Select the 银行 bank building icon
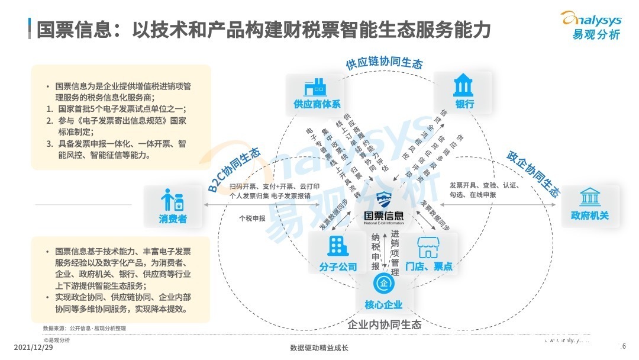coord(463,86)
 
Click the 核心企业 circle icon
coord(383,284)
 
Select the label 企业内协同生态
coord(384,325)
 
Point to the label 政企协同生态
coord(533,173)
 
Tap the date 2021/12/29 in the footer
coord(33,347)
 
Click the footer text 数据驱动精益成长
coord(319,348)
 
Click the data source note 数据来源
coord(85,328)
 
